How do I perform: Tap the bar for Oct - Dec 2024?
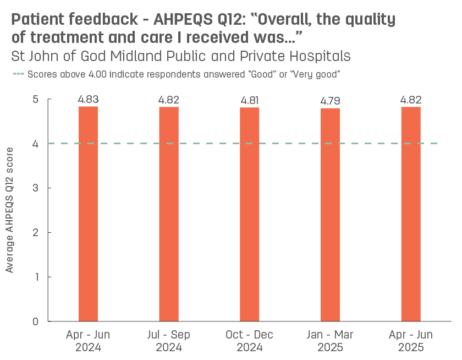249,214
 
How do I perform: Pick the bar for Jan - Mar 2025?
330,215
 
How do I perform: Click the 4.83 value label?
88,100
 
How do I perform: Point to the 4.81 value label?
249,101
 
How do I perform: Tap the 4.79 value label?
330,101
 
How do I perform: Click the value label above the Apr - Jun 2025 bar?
411,100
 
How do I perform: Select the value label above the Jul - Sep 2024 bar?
169,100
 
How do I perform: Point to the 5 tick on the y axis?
35,100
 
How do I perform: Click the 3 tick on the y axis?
35,188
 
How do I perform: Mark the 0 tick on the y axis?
35,321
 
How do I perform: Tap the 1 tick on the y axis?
35,277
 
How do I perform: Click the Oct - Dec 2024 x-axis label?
249,341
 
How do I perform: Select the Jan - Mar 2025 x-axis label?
330,341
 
